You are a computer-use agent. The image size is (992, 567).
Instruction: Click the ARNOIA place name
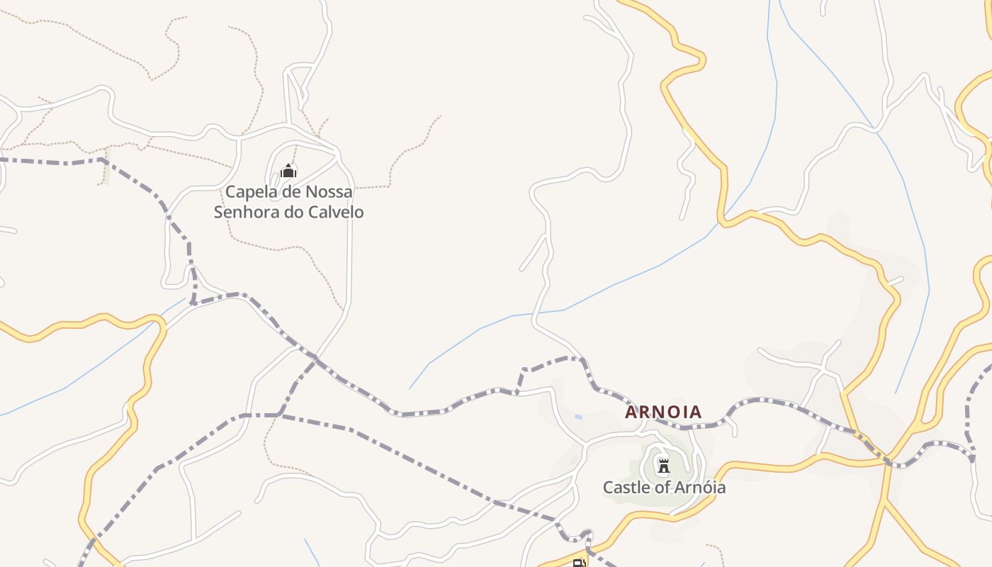point(663,412)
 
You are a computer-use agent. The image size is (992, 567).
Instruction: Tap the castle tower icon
point(663,466)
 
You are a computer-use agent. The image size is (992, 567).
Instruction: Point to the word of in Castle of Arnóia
point(657,488)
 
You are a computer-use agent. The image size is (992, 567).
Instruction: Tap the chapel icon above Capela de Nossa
point(288,171)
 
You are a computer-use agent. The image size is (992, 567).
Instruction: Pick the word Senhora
point(247,212)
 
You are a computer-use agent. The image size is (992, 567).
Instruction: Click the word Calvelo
point(337,212)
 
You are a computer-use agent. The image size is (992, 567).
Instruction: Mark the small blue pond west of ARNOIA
point(579,417)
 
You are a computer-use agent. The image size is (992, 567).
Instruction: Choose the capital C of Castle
point(608,488)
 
